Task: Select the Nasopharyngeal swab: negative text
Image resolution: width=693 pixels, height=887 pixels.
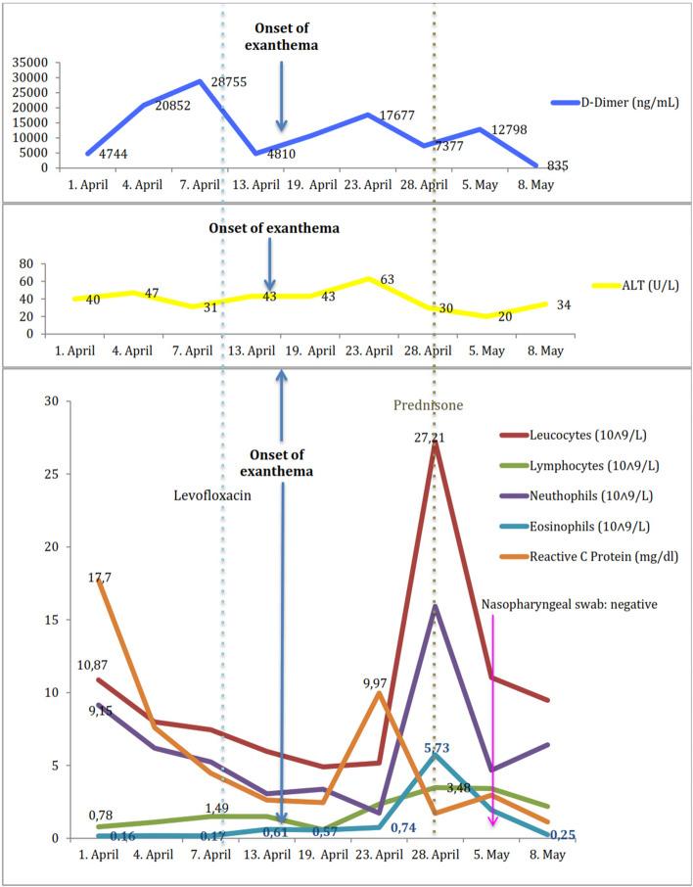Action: pos(568,604)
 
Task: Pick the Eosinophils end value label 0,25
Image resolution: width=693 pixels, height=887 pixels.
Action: pos(562,835)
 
